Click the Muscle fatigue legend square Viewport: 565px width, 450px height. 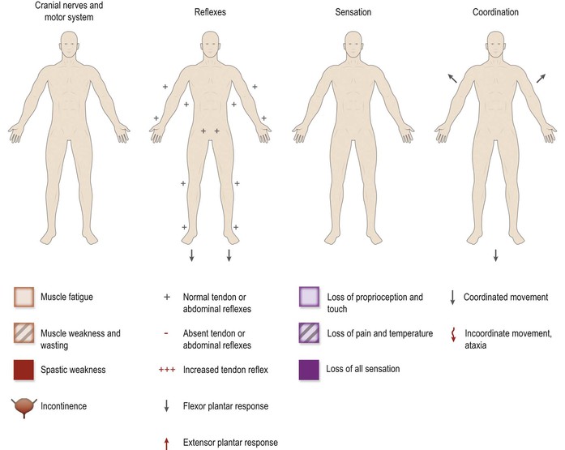tap(24, 298)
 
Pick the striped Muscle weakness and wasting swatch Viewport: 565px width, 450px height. tap(24, 333)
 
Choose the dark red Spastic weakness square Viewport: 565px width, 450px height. tap(24, 370)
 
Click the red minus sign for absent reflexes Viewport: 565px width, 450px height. tap(166, 333)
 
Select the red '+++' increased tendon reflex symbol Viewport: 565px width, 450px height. tap(166, 370)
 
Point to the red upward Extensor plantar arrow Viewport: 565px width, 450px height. tap(166, 442)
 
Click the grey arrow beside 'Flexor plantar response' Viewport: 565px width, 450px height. tap(166, 406)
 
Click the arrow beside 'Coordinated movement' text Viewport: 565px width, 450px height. tap(452, 298)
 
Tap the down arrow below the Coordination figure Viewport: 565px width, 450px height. tap(495, 256)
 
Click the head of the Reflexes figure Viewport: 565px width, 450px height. tap(209, 45)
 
